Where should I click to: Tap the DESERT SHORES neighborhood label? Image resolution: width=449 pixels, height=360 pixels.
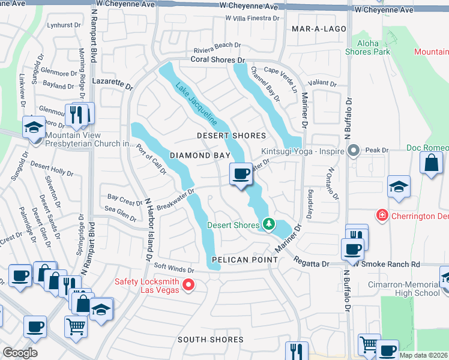231,136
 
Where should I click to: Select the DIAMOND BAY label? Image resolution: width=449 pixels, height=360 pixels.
200,155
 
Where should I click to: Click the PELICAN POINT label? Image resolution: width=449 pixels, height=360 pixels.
244,260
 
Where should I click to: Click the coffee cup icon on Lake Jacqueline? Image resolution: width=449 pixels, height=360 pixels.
241,174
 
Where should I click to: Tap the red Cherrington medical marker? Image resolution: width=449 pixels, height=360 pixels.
381,214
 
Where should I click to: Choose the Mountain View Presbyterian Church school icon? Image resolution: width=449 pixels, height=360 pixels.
34,127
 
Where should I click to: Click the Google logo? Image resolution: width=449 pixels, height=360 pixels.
20,352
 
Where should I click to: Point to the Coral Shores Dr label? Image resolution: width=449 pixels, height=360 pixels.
218,60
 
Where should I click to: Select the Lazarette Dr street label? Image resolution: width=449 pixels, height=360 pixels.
112,83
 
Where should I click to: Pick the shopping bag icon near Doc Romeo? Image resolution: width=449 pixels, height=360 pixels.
431,163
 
